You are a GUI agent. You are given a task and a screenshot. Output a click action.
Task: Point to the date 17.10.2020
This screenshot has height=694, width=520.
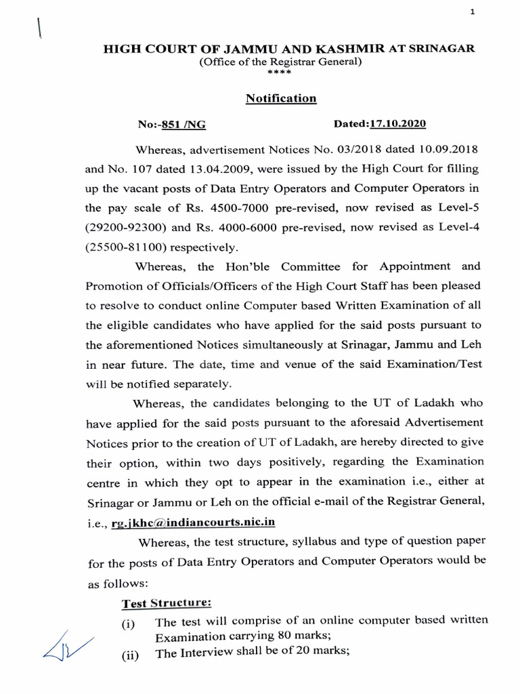coord(397,125)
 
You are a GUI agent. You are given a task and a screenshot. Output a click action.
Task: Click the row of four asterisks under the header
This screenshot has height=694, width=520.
coord(280,72)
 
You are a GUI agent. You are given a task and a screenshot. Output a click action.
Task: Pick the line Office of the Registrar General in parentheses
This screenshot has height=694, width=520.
coord(280,62)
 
